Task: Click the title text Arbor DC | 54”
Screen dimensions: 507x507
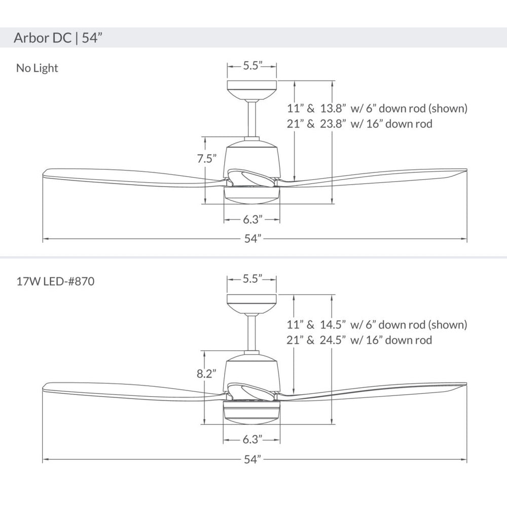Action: pos(58,38)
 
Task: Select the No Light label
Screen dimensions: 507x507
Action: pos(37,68)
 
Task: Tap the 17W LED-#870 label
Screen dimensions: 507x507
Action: pos(55,281)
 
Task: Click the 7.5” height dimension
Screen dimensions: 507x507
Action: pos(207,158)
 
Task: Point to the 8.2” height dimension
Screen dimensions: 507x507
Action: pos(206,374)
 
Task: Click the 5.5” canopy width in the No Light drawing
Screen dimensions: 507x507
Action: pos(252,65)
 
